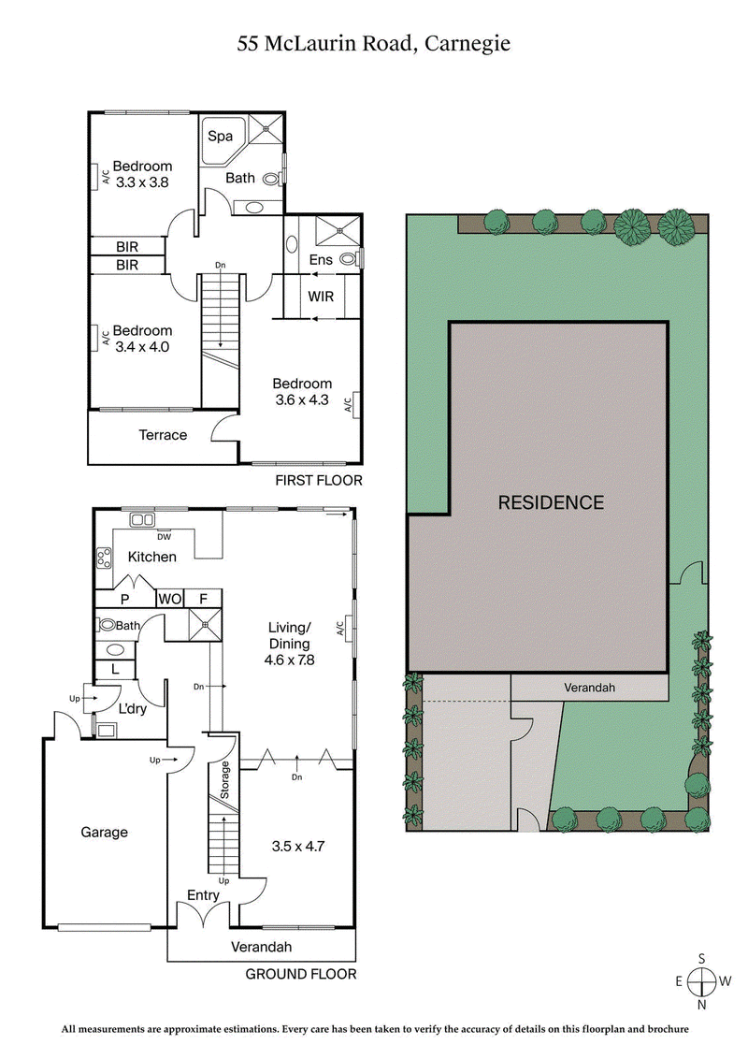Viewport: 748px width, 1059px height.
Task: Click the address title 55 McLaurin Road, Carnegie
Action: [x=374, y=42]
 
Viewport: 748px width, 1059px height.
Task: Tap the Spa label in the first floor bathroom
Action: [x=220, y=137]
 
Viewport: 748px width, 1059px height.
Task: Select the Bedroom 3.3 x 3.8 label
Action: [x=142, y=175]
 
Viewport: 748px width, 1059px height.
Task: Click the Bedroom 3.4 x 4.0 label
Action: [x=143, y=338]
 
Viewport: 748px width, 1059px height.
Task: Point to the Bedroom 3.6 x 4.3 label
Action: [x=301, y=391]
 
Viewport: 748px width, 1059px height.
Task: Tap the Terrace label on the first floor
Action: [x=163, y=435]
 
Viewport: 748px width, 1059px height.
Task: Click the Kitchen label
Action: [x=152, y=557]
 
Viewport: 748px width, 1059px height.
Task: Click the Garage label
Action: [x=104, y=832]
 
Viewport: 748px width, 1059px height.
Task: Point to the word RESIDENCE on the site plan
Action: [x=551, y=502]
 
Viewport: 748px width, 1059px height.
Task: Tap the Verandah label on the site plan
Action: [x=591, y=687]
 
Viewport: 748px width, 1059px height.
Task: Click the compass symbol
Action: [x=700, y=981]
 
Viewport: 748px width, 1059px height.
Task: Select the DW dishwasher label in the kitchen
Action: [x=165, y=536]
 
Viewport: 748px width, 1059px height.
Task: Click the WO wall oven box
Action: [x=170, y=599]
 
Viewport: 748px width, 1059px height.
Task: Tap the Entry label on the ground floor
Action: [x=203, y=895]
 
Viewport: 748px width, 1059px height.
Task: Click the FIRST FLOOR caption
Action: [x=318, y=481]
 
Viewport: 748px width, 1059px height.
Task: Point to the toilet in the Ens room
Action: [x=350, y=258]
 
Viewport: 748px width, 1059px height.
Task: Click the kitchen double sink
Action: [x=142, y=519]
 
